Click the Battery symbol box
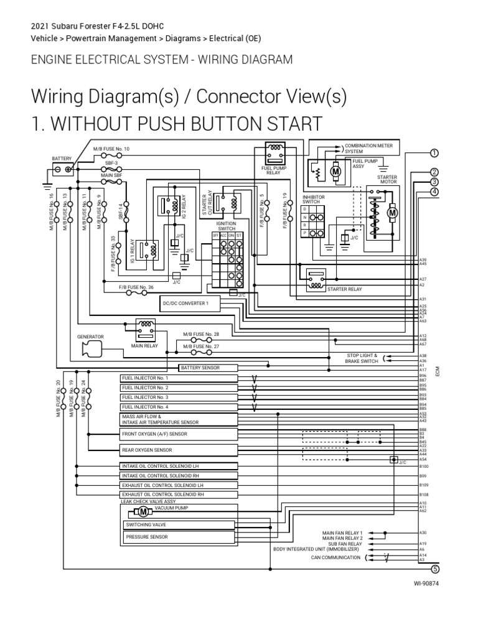point(62,169)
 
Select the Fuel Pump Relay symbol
point(274,153)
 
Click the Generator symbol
point(91,350)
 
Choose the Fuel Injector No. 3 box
point(178,397)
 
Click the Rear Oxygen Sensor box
point(178,450)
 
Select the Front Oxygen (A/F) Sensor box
point(178,434)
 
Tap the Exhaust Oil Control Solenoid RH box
point(178,495)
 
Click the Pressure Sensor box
point(178,536)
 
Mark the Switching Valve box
point(178,525)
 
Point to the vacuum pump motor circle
point(143,512)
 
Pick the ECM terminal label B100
point(424,466)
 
